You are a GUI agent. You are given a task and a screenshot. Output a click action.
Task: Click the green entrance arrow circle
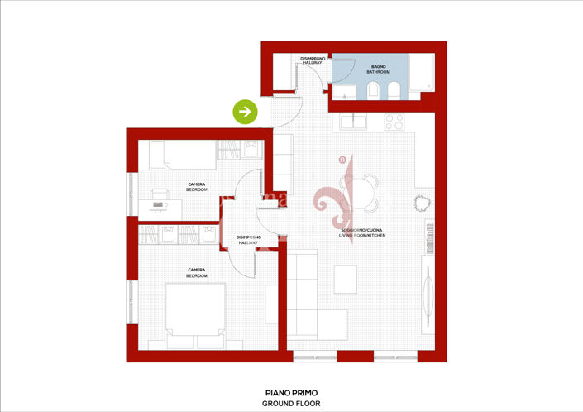(245, 111)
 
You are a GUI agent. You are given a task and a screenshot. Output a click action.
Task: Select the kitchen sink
(356, 122)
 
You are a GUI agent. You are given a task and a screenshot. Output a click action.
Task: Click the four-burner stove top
(394, 122)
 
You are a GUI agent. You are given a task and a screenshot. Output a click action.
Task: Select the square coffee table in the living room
(345, 279)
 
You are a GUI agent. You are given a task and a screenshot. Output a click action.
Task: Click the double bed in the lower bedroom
(196, 314)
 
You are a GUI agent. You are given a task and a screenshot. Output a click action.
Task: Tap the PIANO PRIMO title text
(290, 393)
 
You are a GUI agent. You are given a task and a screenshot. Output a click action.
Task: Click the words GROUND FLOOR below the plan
(290, 404)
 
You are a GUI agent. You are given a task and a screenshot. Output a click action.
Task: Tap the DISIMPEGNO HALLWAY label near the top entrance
(312, 60)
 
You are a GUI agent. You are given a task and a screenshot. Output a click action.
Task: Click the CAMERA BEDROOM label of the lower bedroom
(197, 272)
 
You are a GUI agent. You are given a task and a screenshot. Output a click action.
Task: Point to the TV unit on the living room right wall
(428, 290)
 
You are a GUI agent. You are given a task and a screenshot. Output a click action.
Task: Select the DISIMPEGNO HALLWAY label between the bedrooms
(249, 240)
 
